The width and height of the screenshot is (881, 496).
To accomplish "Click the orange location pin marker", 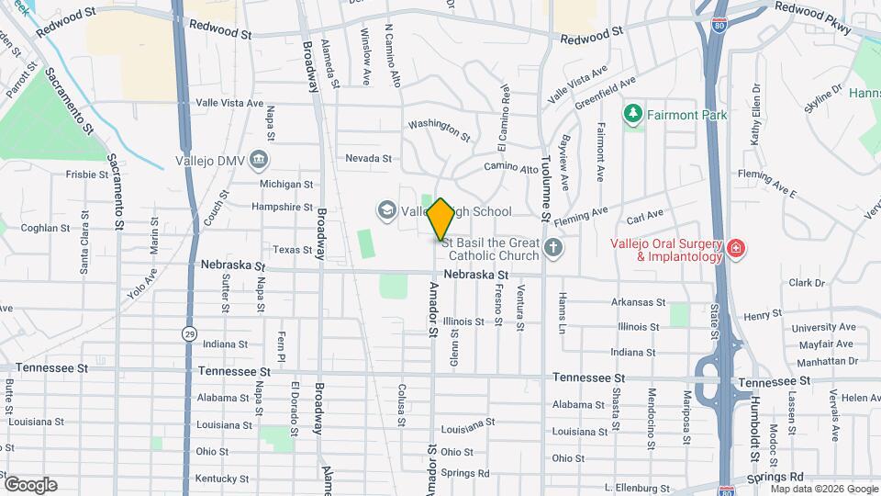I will click(x=440, y=220).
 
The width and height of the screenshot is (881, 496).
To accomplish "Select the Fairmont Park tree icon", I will click(x=631, y=115).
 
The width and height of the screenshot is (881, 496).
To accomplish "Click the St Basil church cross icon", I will click(x=552, y=247).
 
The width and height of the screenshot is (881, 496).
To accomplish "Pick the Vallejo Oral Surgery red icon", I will click(x=735, y=248).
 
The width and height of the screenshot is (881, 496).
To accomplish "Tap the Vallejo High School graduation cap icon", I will click(x=386, y=211).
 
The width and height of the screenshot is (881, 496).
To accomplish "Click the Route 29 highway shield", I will click(x=189, y=333).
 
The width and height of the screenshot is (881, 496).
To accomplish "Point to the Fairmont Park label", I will click(x=686, y=116).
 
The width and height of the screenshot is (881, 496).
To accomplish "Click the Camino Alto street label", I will click(x=511, y=168).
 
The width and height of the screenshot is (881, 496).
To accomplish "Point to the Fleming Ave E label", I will click(x=767, y=184).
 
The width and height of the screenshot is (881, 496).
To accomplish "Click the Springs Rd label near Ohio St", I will click(x=464, y=473).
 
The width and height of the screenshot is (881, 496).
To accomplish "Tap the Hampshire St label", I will click(x=282, y=208).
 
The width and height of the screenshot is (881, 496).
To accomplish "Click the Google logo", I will click(x=30, y=484).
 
